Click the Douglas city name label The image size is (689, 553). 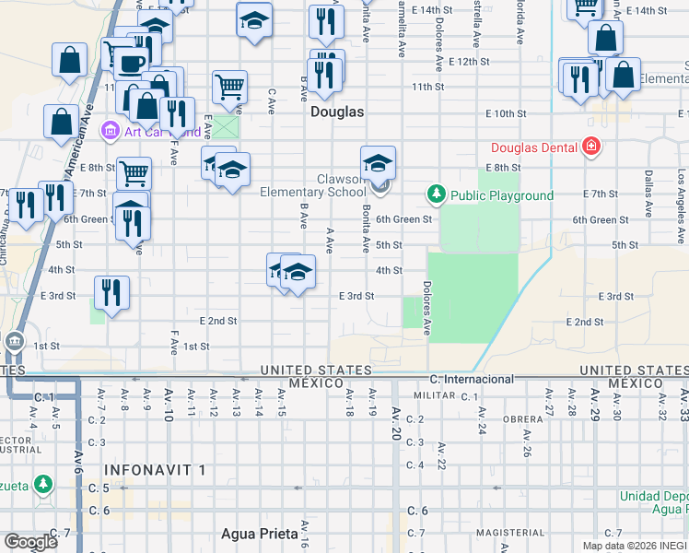(337, 112)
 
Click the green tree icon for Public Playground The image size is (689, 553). (436, 194)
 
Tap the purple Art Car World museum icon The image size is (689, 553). (111, 131)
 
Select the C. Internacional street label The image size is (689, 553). (472, 379)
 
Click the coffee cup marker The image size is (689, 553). (131, 63)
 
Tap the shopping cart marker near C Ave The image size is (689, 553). (229, 88)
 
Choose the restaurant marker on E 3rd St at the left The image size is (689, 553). (111, 292)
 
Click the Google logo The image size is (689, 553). (30, 542)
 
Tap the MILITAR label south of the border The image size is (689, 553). (435, 394)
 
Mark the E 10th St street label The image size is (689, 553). (505, 113)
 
